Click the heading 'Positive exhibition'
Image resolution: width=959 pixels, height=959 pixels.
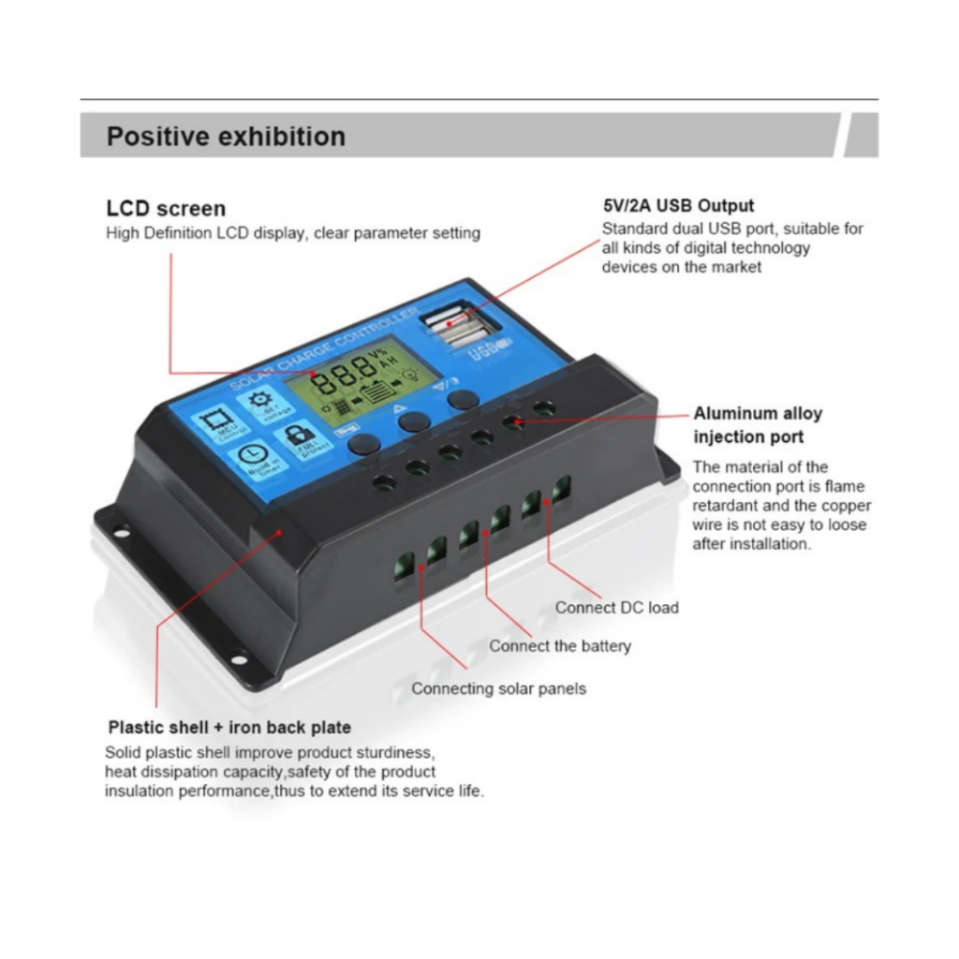coord(226,137)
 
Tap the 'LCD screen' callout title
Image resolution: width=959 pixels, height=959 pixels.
coord(166,209)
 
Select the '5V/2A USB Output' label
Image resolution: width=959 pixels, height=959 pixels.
coord(678,206)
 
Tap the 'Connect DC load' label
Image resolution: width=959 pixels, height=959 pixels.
coord(616,607)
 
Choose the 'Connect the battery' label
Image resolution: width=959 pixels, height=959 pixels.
coord(560,645)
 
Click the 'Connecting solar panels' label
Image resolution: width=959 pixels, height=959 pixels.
coord(499,688)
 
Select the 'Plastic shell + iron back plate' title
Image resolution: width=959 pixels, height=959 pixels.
coord(229,727)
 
